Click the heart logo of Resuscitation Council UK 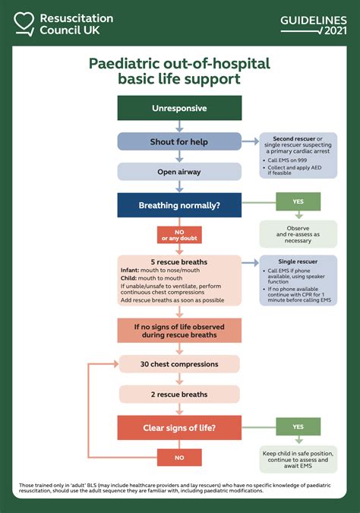click(25, 24)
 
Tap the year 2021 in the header click(334, 30)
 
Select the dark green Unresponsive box click(179, 108)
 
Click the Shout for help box click(179, 141)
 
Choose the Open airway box click(179, 172)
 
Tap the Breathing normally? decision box click(179, 205)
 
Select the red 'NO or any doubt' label click(179, 235)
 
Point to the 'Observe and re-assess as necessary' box click(298, 234)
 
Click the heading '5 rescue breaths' click(179, 262)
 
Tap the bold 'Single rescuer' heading click(298, 261)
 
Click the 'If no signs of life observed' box click(179, 331)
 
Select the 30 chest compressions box click(179, 364)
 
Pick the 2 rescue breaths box click(179, 394)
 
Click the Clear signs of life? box click(179, 428)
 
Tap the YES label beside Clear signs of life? click(297, 427)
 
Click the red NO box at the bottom click(179, 458)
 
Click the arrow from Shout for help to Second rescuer click(250, 141)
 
